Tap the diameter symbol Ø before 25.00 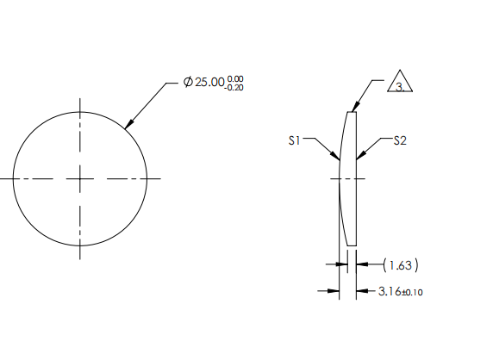(x=188, y=83)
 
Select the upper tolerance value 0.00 (x=237, y=78)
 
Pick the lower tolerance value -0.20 (x=235, y=87)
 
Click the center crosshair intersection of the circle (x=80, y=178)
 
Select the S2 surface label (x=399, y=140)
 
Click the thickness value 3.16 (x=390, y=292)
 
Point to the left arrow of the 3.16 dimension (x=334, y=291)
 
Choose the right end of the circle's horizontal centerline (x=160, y=178)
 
